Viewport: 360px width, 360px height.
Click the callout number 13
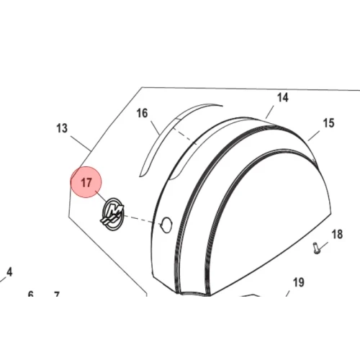pos(62,128)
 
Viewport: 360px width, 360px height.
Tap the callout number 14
pos(283,98)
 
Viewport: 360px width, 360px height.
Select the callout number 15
pos(328,123)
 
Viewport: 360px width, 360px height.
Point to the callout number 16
pos(142,113)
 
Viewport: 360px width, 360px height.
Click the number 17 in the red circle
pos(86,183)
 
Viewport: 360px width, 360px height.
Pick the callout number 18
pos(337,234)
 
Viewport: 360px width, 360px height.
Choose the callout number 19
pos(299,282)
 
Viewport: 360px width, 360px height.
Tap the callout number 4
pos(9,272)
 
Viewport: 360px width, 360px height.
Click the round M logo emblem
pos(113,214)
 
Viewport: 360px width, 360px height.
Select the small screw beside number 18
pos(316,248)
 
